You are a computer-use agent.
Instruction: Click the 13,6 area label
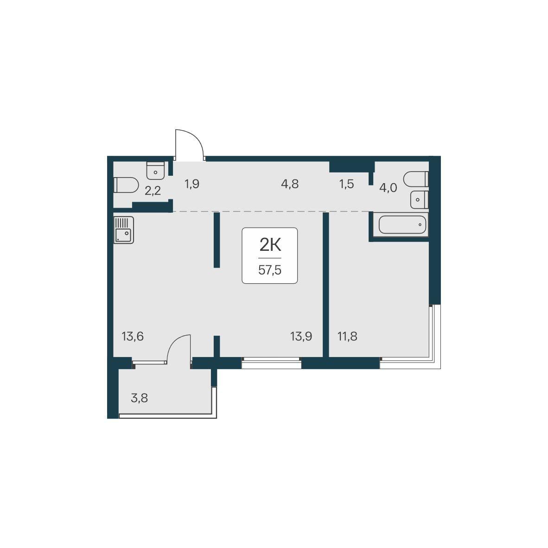pyautogui.click(x=133, y=337)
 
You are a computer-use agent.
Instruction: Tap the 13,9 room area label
pyautogui.click(x=301, y=337)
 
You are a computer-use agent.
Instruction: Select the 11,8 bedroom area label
pyautogui.click(x=347, y=337)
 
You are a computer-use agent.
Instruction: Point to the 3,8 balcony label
pyautogui.click(x=139, y=398)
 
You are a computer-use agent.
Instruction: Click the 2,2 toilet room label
pyautogui.click(x=153, y=191)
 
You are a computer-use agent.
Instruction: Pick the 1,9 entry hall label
pyautogui.click(x=192, y=184)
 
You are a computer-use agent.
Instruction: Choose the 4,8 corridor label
pyautogui.click(x=290, y=184)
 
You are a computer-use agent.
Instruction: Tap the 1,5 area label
pyautogui.click(x=346, y=184)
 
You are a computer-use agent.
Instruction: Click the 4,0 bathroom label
pyautogui.click(x=388, y=188)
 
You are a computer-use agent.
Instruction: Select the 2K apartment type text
pyautogui.click(x=270, y=245)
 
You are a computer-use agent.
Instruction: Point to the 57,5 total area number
pyautogui.click(x=270, y=270)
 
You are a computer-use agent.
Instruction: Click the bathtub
pyautogui.click(x=402, y=225)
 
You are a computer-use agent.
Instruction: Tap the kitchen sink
pyautogui.click(x=123, y=230)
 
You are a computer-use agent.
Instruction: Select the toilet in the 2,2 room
pyautogui.click(x=126, y=185)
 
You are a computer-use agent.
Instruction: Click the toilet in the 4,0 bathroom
pyautogui.click(x=415, y=179)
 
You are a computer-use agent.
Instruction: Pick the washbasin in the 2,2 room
pyautogui.click(x=155, y=171)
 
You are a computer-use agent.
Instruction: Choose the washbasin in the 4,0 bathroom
pyautogui.click(x=420, y=199)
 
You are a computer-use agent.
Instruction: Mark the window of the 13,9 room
pyautogui.click(x=271, y=363)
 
